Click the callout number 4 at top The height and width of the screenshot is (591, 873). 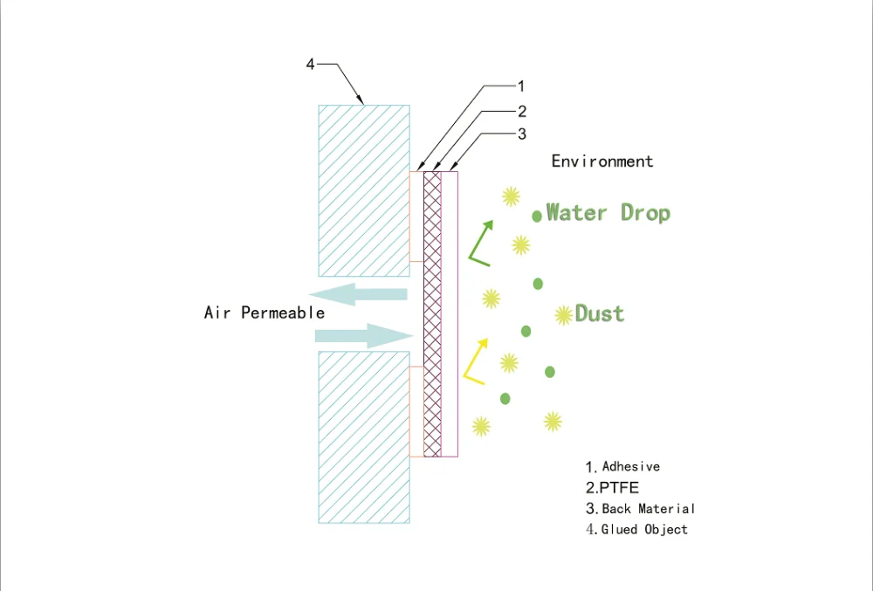310,65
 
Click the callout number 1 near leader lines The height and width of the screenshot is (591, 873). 521,86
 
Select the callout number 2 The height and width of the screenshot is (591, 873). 522,112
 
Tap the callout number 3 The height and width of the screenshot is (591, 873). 522,134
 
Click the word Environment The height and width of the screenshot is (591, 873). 601,161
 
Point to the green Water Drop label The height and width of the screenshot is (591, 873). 608,213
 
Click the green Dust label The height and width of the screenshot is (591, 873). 600,313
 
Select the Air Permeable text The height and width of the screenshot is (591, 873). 265,313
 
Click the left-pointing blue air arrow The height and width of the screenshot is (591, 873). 358,294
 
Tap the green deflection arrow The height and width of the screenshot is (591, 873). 480,244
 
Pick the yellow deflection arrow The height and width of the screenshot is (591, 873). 476,361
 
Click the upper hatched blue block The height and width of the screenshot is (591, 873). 364,191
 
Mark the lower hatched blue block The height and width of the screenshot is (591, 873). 364,437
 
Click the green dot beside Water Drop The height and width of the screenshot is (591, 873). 537,216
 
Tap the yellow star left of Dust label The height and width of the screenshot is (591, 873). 563,315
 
